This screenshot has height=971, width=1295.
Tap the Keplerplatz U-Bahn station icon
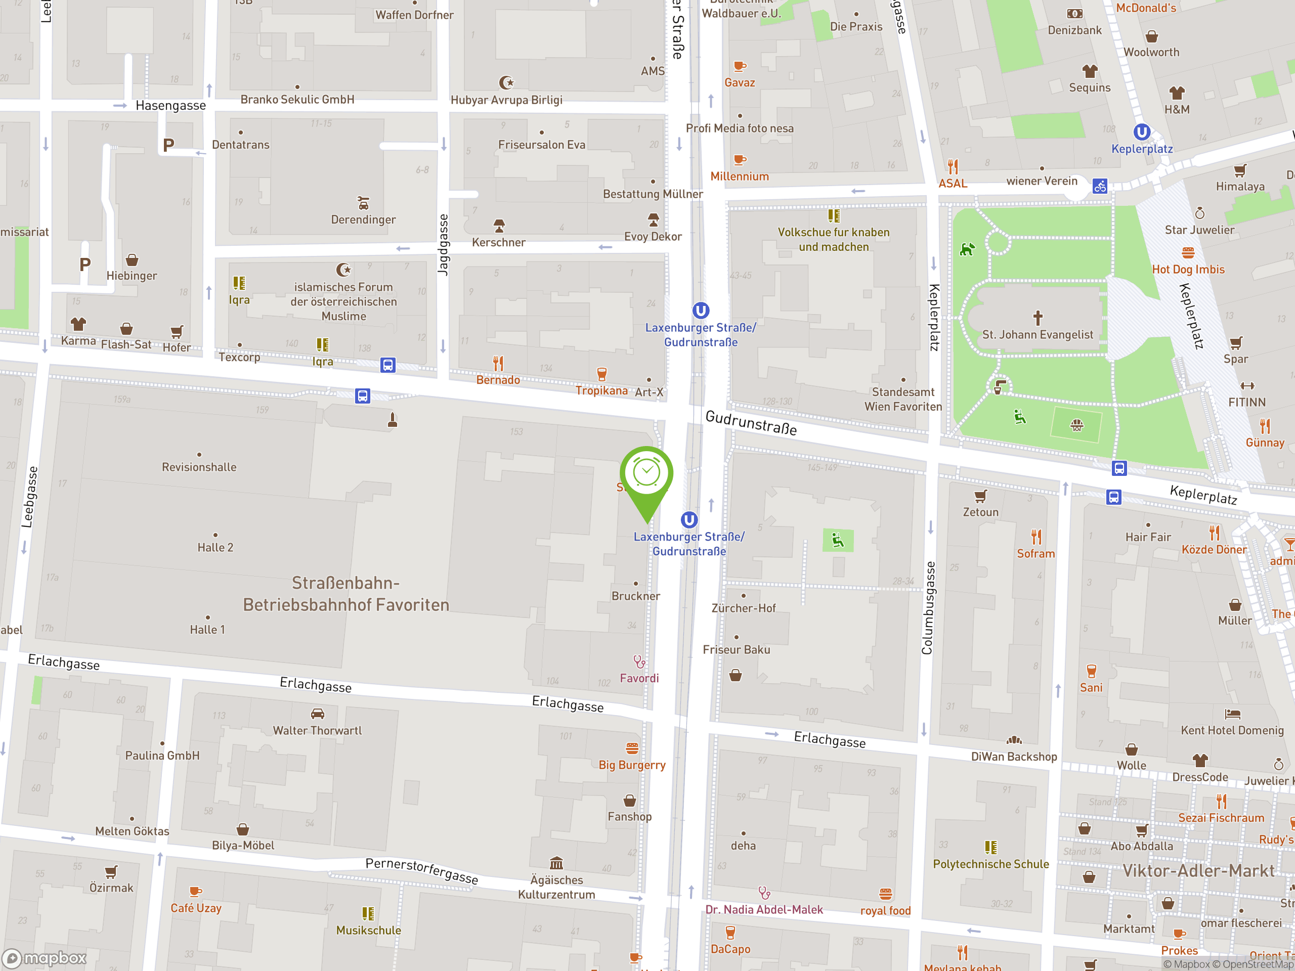tap(1142, 133)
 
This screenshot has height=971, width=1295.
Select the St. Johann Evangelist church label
tap(1038, 335)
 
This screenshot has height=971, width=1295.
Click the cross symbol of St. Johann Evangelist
tap(1038, 318)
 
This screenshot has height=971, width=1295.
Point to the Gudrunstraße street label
tap(751, 423)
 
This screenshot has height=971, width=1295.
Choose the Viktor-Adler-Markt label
tap(1198, 871)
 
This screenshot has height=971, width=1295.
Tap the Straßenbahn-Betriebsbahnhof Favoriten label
tap(346, 594)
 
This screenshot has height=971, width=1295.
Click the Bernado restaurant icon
tap(498, 364)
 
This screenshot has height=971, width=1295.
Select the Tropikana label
tap(601, 390)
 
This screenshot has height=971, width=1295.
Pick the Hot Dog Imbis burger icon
tap(1188, 253)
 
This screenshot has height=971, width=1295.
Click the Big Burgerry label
tap(632, 765)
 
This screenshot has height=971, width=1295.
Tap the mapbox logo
tap(45, 958)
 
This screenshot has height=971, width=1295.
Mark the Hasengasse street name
tap(170, 105)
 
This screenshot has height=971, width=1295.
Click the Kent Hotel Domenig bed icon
tap(1232, 714)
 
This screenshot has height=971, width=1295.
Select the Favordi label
tap(639, 678)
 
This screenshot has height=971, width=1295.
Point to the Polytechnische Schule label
tap(990, 864)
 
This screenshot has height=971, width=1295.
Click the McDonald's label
tap(1146, 8)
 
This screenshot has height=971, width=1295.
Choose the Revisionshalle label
tap(199, 467)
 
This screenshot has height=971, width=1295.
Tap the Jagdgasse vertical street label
tap(443, 245)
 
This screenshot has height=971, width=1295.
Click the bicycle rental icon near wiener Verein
tap(1100, 187)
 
